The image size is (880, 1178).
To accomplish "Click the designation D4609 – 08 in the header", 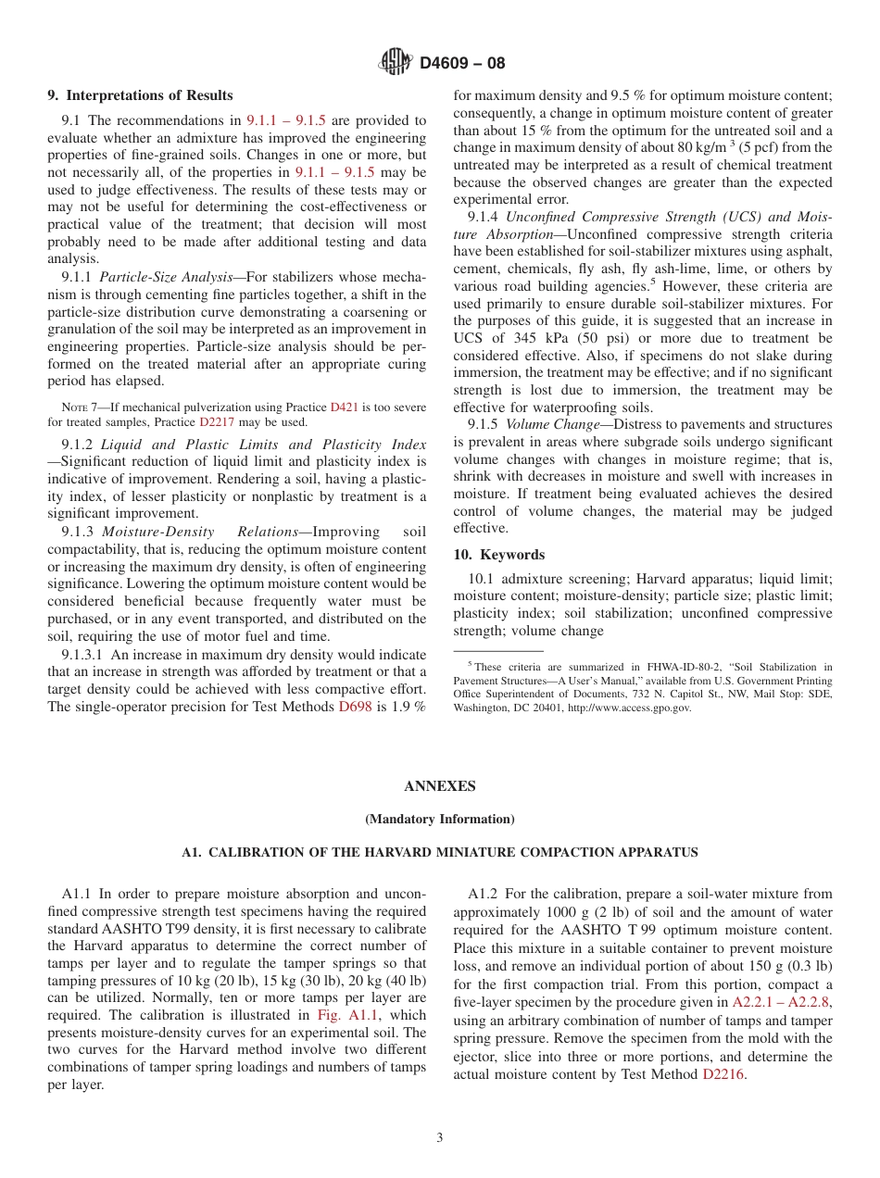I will pos(462,64).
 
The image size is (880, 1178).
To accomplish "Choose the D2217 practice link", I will pos(216,421).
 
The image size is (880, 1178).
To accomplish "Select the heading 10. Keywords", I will pos(498,555).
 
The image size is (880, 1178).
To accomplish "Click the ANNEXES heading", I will pos(439,786).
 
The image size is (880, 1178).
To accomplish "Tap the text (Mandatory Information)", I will pos(439,819).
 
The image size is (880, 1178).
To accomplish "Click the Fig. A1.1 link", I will pos(342,1015).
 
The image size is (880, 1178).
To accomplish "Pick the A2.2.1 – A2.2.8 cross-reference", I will pos(782,1002).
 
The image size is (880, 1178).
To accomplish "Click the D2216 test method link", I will pos(723,1074).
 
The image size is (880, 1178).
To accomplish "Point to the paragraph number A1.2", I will pos(483,894).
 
